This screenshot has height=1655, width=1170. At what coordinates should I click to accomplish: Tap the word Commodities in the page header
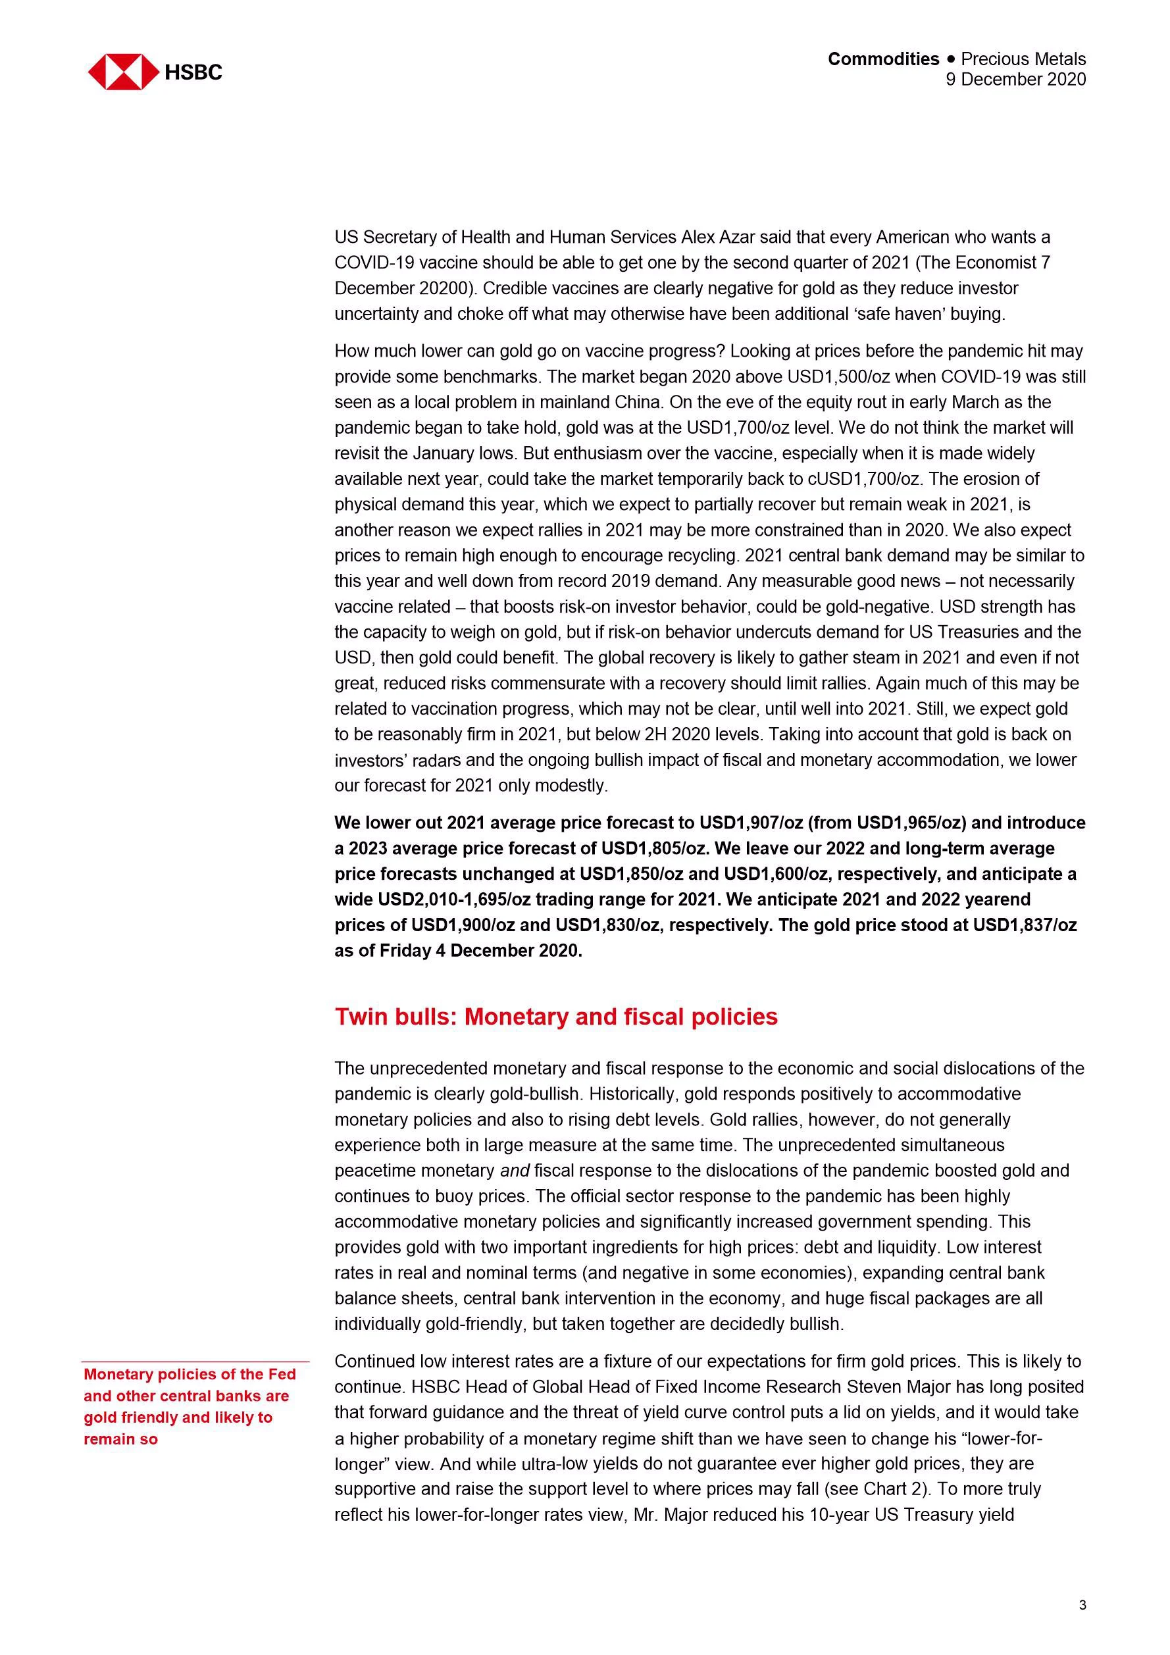(883, 59)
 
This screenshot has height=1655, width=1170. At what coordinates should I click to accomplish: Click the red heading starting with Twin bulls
(556, 1017)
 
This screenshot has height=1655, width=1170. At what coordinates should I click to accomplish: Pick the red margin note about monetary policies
(190, 1406)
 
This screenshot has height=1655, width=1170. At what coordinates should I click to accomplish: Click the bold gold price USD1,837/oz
(1025, 925)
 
